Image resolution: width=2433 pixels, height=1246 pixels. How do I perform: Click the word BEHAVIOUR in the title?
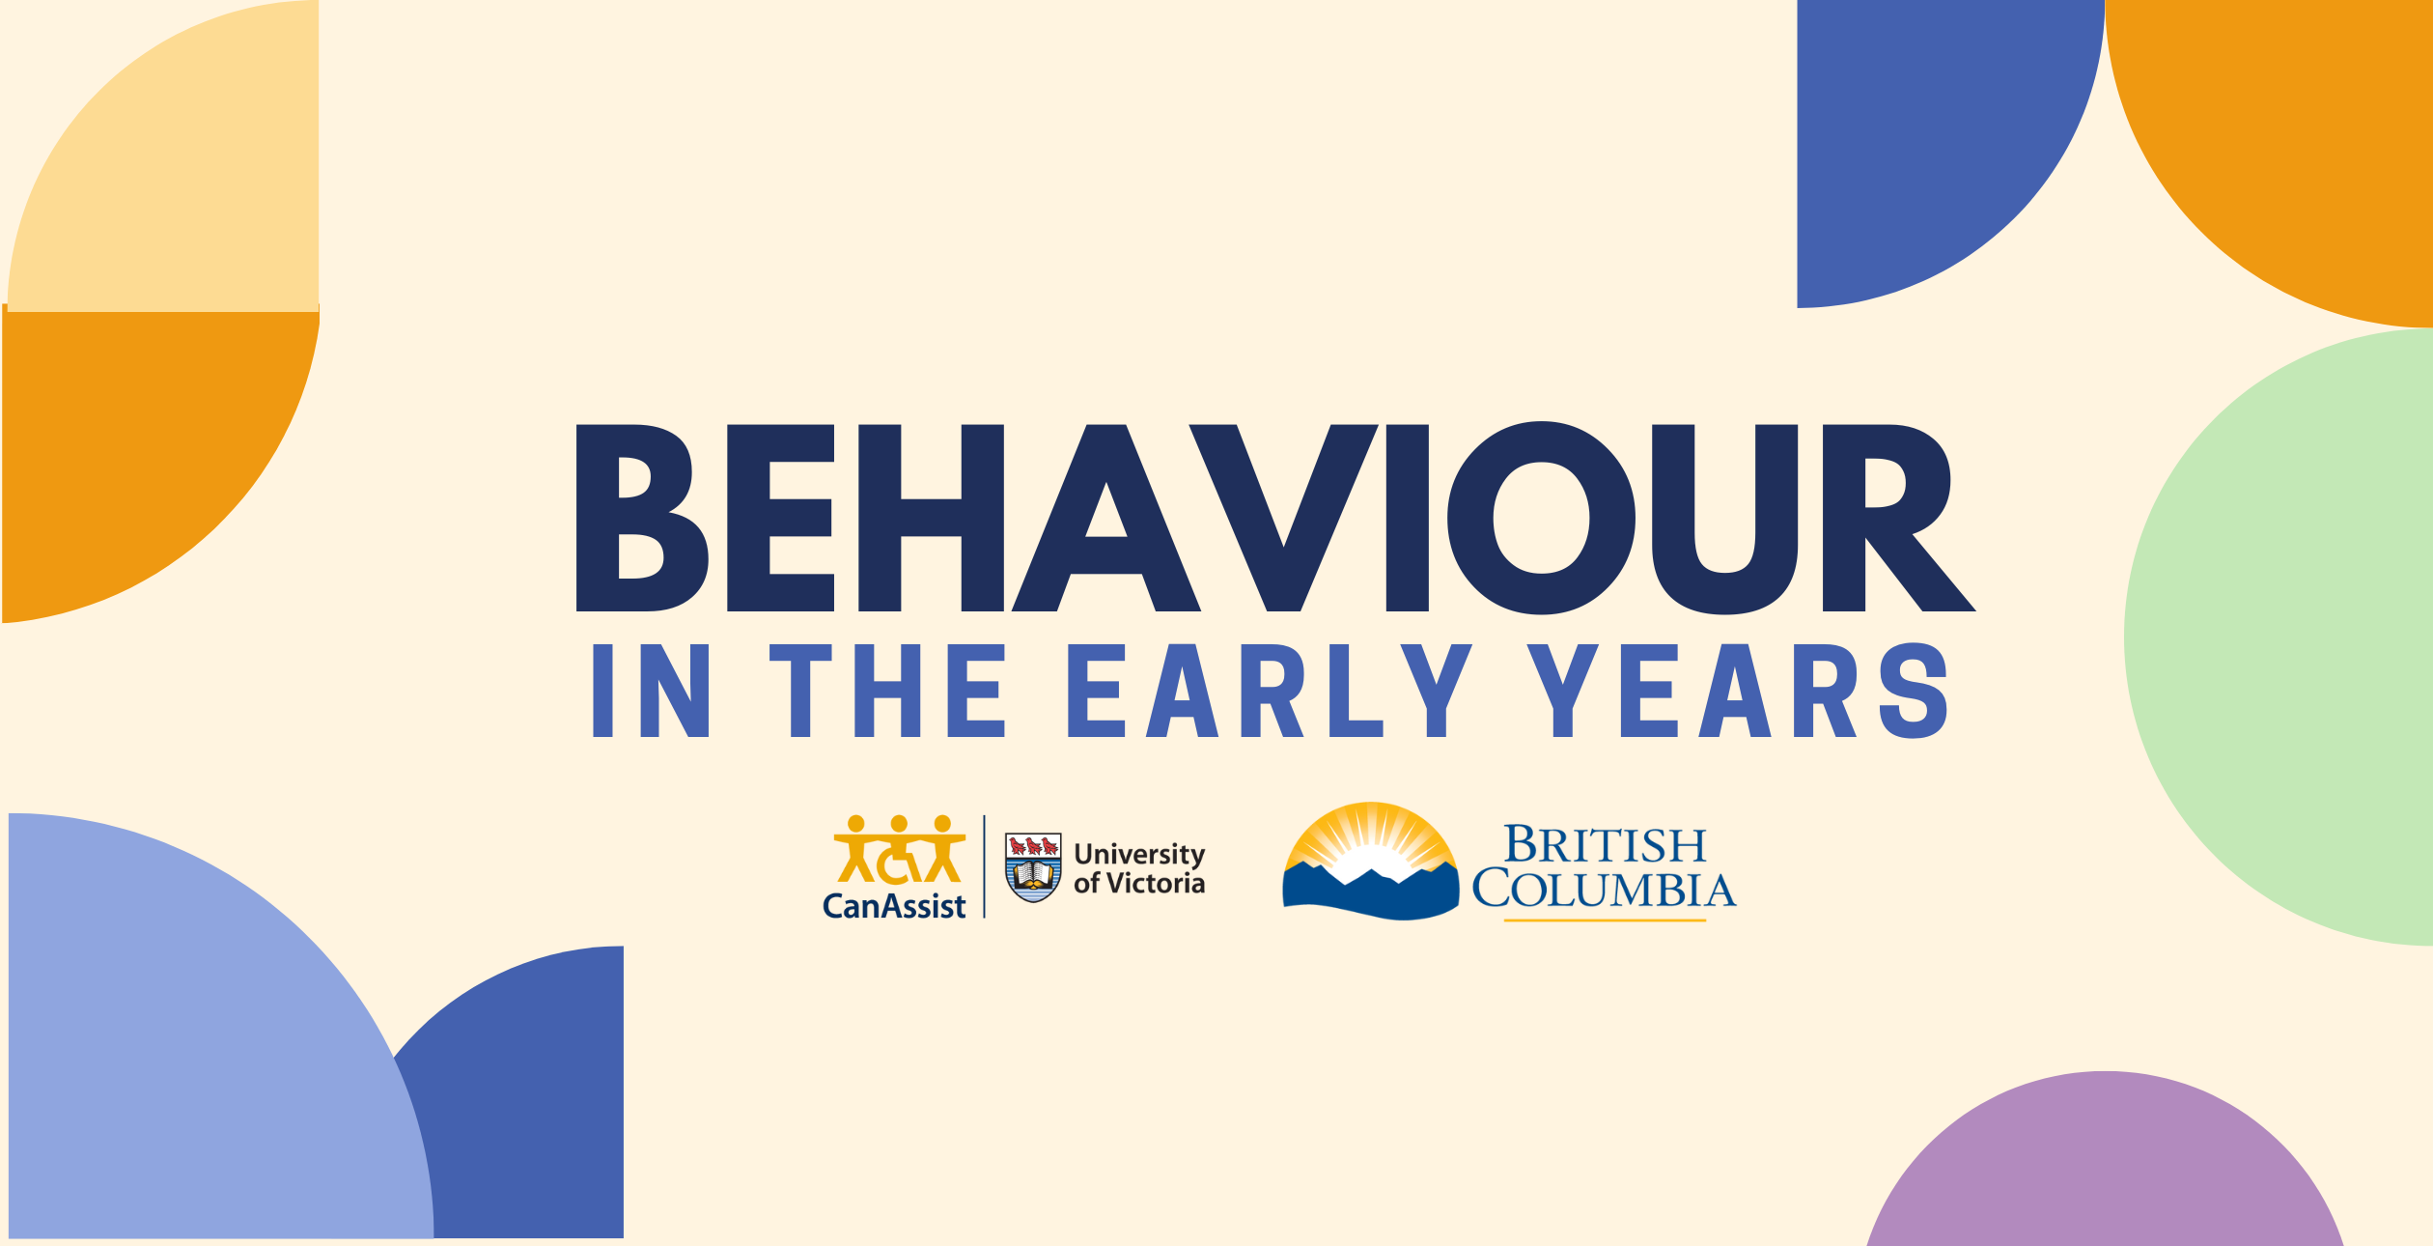coord(1275,518)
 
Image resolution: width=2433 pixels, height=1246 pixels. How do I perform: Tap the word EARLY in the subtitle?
coord(1269,691)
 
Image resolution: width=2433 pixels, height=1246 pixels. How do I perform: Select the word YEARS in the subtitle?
coord(1737,691)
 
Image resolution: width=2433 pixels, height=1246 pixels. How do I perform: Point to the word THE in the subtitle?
coord(887,691)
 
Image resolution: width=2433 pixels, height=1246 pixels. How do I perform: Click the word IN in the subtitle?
coord(651,691)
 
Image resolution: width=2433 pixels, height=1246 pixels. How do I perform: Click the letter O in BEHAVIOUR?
coord(1541,518)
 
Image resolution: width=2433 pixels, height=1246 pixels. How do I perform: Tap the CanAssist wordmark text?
coord(894,906)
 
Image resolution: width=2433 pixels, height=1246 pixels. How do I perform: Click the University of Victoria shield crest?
coord(1033,866)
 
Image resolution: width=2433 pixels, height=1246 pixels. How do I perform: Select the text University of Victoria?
coord(1139,868)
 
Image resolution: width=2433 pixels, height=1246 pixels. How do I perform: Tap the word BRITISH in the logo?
coord(1605,844)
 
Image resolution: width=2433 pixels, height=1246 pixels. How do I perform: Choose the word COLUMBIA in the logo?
coord(1604,890)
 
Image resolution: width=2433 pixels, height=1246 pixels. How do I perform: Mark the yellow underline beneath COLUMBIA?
coord(1605,920)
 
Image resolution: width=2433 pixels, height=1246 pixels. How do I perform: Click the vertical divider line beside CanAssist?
coord(985,866)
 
